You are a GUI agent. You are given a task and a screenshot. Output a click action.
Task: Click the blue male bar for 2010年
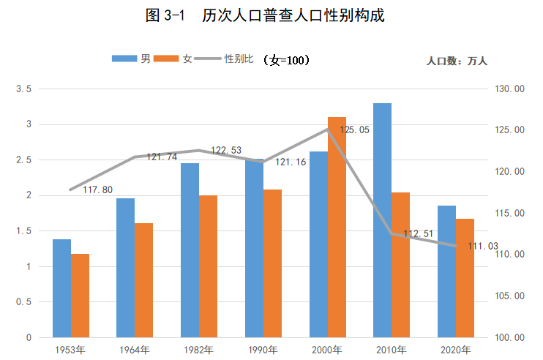click(382, 220)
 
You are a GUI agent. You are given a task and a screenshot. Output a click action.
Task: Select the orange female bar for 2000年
click(336, 227)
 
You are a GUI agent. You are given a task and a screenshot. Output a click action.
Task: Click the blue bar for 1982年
click(190, 250)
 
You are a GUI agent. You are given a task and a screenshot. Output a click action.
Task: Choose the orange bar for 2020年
click(465, 278)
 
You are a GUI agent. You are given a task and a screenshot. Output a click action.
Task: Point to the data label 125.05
click(354, 130)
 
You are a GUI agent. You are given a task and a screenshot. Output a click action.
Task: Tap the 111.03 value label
click(482, 246)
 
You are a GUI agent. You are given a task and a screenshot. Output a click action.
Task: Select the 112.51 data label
click(419, 234)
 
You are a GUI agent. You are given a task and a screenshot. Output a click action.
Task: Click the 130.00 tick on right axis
click(510, 89)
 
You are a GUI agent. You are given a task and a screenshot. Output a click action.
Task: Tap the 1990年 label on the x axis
click(263, 350)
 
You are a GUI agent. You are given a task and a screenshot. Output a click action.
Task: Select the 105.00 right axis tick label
click(510, 296)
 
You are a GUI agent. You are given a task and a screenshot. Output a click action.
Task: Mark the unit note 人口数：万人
click(462, 61)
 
